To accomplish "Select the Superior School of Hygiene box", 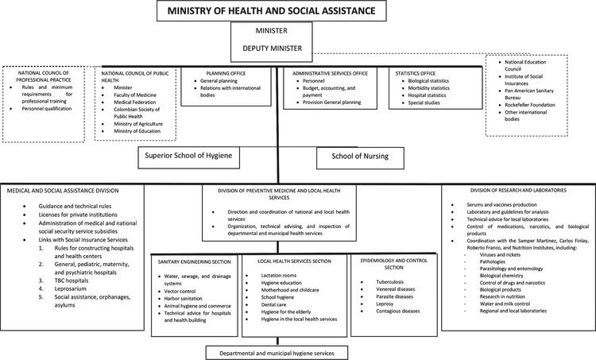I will [x=188, y=157].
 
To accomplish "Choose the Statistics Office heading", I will [x=419, y=72].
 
